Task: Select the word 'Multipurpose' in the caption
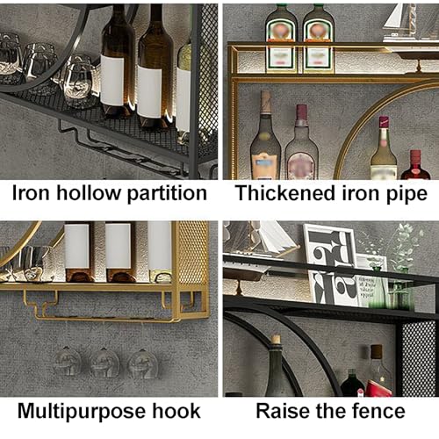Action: (x=82, y=412)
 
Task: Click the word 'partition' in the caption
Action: (x=168, y=194)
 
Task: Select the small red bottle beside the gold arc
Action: (x=415, y=165)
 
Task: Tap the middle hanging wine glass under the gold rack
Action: (x=104, y=363)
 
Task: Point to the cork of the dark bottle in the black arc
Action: (x=276, y=339)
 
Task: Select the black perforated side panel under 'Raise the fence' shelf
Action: (x=418, y=358)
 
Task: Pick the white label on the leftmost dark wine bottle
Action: (x=112, y=80)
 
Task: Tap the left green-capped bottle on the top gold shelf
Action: (x=281, y=39)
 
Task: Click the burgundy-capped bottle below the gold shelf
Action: (x=301, y=142)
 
